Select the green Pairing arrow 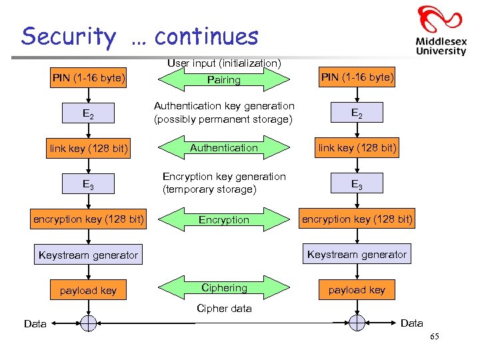pos(223,80)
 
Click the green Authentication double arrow pos(223,148)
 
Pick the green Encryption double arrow pos(223,219)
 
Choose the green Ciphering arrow pos(223,288)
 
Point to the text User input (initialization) pos(223,63)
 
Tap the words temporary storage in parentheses pos(209,189)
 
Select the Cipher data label pos(224,309)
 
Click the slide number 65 pos(435,337)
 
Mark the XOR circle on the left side pos(89,323)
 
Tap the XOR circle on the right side pos(357,323)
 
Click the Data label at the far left pos(35,324)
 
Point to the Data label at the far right pos(411,323)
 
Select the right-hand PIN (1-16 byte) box pos(357,77)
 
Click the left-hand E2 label pos(88,114)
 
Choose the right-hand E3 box pos(357,183)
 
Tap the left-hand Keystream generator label pos(89,255)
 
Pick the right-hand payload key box pos(357,290)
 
